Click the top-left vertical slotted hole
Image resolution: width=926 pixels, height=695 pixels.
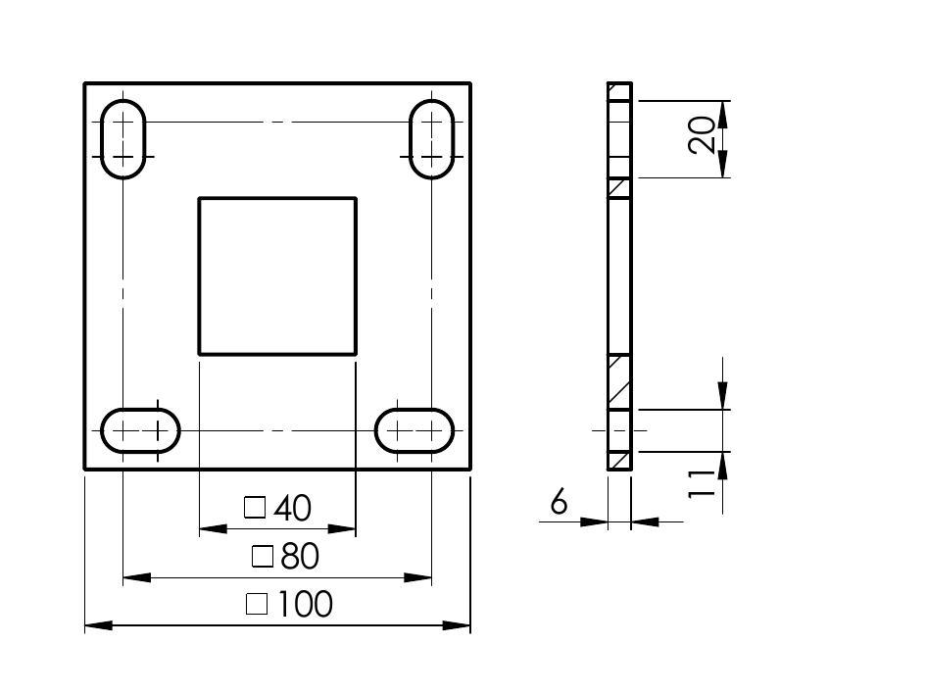pyautogui.click(x=102, y=139)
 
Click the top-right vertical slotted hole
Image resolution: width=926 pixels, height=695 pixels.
pyautogui.click(x=410, y=139)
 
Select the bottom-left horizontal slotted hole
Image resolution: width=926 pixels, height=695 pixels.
pyautogui.click(x=140, y=409)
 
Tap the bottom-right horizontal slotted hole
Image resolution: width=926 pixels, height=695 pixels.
pyautogui.click(x=414, y=409)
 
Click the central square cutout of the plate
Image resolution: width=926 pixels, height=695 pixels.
pyautogui.click(x=199, y=276)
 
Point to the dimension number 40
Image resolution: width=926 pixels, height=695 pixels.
pyautogui.click(x=292, y=508)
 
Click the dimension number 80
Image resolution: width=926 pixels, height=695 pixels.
pyautogui.click(x=300, y=556)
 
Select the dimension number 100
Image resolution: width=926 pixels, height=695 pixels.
pyautogui.click(x=305, y=604)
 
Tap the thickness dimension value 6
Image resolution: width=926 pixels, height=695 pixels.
pyautogui.click(x=559, y=502)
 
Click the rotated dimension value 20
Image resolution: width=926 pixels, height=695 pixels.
pyautogui.click(x=702, y=134)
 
